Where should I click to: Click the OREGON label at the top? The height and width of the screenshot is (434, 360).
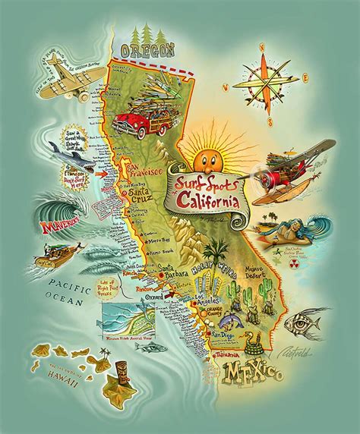(147, 52)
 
